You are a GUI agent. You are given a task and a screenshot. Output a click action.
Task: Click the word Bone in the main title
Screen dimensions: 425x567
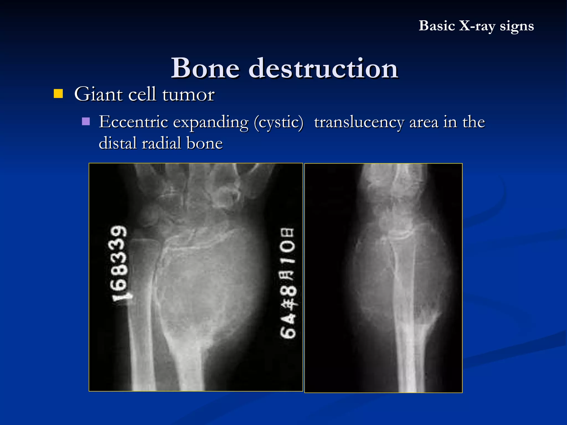pyautogui.click(x=205, y=68)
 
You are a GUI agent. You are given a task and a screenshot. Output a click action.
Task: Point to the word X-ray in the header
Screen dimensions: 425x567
pyautogui.click(x=477, y=26)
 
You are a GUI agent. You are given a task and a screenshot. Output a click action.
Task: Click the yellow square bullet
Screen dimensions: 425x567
pyautogui.click(x=58, y=94)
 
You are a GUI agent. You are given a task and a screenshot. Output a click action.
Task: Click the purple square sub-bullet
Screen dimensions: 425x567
pyautogui.click(x=86, y=121)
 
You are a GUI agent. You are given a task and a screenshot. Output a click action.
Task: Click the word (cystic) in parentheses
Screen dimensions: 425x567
pyautogui.click(x=279, y=122)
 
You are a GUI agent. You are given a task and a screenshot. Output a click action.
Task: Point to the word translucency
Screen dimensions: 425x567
pyautogui.click(x=359, y=122)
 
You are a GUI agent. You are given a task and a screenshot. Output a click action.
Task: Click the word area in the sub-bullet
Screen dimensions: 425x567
pyautogui.click(x=424, y=122)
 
